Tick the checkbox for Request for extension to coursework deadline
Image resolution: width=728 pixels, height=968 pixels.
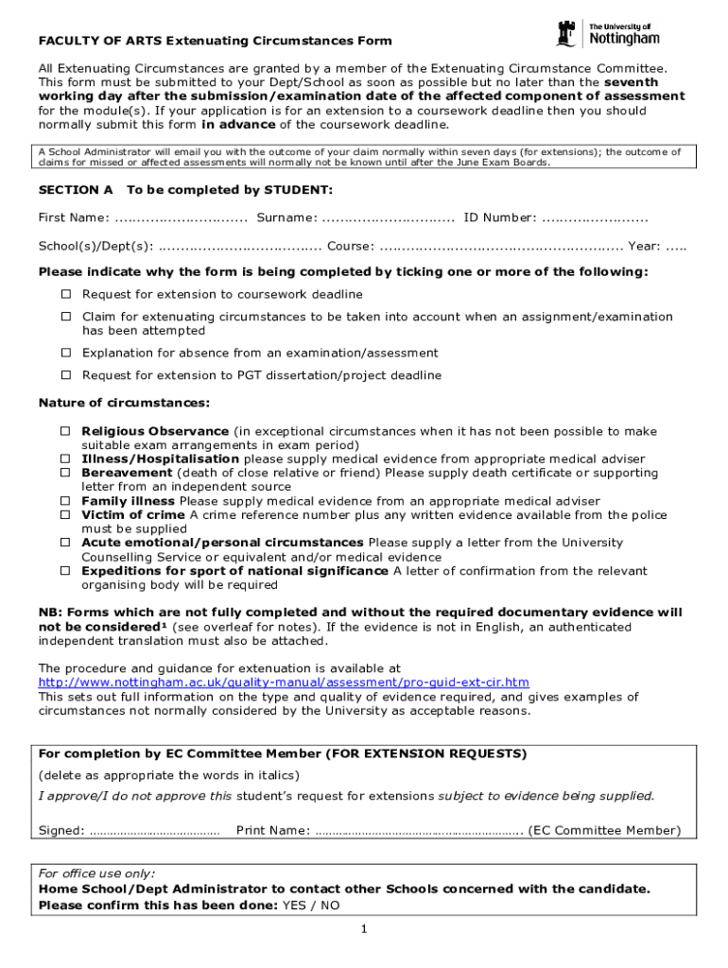[x=66, y=294]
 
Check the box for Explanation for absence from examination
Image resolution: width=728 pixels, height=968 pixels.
[x=66, y=353]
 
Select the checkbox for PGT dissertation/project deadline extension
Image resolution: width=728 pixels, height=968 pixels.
[x=66, y=375]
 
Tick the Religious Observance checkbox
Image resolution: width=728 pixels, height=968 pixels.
[x=66, y=431]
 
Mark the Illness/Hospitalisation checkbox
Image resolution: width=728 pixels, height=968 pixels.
[x=66, y=458]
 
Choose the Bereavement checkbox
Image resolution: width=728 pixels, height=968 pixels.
[x=66, y=473]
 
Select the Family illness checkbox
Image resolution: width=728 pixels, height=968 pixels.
[x=66, y=501]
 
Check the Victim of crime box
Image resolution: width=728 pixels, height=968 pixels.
[x=66, y=515]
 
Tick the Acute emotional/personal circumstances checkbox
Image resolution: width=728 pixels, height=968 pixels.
[x=66, y=543]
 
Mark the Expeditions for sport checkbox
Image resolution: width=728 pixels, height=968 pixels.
[x=66, y=571]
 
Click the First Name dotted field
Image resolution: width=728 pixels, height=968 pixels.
[x=180, y=219]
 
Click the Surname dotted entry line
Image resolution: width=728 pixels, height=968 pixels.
[x=388, y=219]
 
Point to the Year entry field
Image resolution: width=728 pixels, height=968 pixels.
[x=676, y=247]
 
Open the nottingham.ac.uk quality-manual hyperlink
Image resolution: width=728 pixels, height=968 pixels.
[x=283, y=683]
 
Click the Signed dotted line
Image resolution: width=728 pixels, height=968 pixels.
[x=154, y=832]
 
